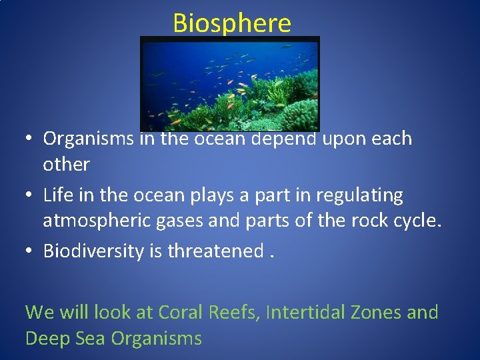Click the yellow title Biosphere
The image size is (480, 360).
click(x=232, y=23)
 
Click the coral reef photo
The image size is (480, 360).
click(x=230, y=83)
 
